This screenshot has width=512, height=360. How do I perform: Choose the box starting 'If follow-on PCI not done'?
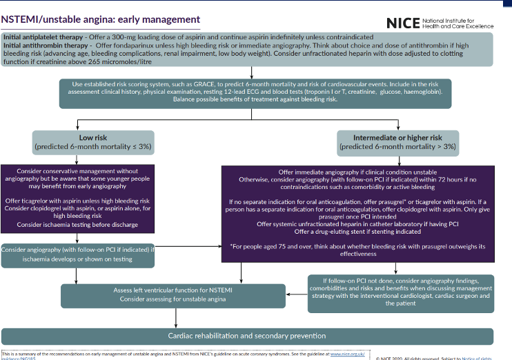[x=400, y=291]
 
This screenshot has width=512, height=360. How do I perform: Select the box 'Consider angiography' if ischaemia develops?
[x=78, y=253]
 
